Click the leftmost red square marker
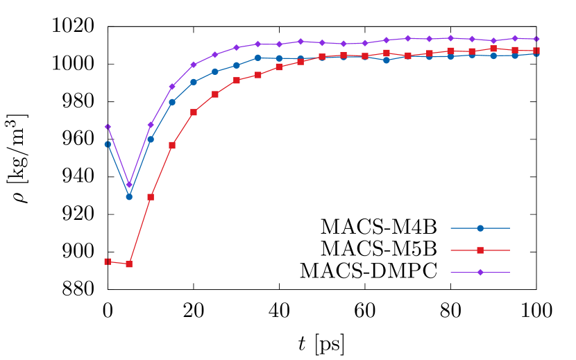[x=108, y=262]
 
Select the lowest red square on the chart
[x=129, y=264]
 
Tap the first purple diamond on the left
[x=108, y=127]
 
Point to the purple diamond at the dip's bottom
[x=129, y=185]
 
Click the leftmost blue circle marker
[x=108, y=144]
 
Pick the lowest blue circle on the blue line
[x=129, y=197]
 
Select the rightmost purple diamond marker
[x=536, y=39]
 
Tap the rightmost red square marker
[x=536, y=51]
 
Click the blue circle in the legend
[x=480, y=228]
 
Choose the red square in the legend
[x=480, y=250]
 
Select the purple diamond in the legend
[x=480, y=273]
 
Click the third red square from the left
[x=151, y=197]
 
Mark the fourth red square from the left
[x=172, y=146]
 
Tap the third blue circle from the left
[x=151, y=139]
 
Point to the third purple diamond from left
[x=151, y=125]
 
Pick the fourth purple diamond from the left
[x=172, y=87]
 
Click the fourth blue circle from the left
[x=172, y=102]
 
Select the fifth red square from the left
[x=194, y=112]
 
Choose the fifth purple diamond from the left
[x=194, y=65]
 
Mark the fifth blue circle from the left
[x=194, y=82]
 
